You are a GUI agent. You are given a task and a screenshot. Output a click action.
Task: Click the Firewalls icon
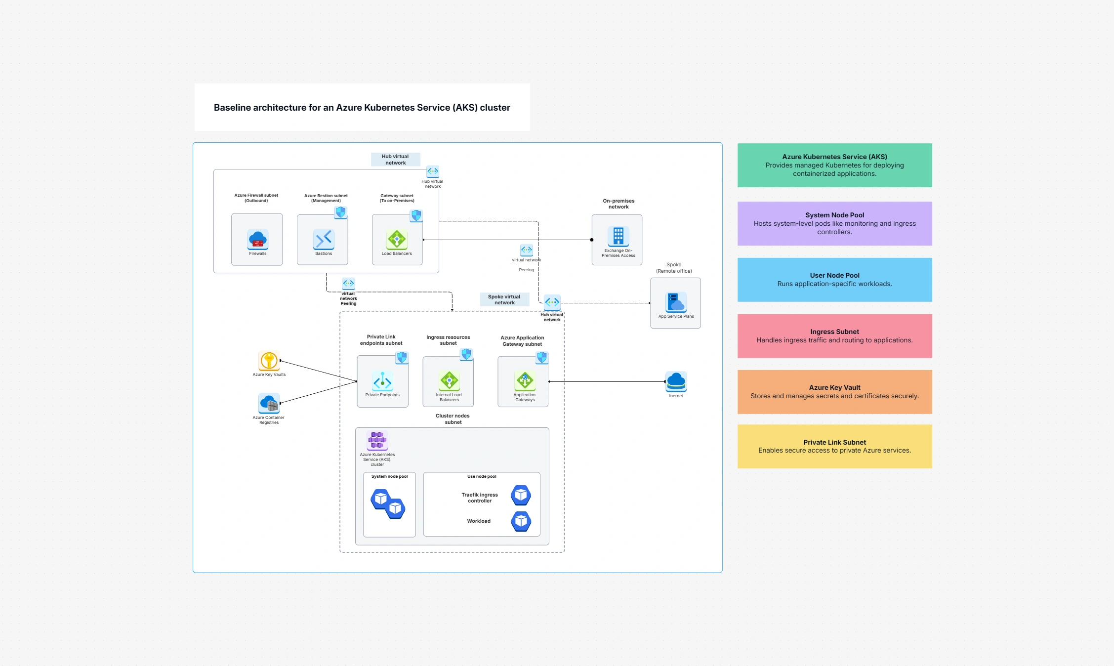pyautogui.click(x=257, y=239)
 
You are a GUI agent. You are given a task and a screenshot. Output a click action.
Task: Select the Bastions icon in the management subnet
pyautogui.click(x=324, y=239)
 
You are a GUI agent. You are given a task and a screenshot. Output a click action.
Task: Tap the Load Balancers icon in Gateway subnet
pyautogui.click(x=397, y=239)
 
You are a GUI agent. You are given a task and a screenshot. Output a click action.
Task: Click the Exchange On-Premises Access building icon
pyautogui.click(x=618, y=236)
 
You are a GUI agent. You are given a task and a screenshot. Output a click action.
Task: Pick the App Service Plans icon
pyautogui.click(x=675, y=302)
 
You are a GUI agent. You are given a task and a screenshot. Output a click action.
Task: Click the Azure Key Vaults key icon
pyautogui.click(x=269, y=361)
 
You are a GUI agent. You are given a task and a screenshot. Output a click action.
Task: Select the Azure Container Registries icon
pyautogui.click(x=269, y=403)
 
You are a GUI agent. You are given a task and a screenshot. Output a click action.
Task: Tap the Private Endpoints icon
pyautogui.click(x=382, y=381)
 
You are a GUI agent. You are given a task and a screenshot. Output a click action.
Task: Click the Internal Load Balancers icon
pyautogui.click(x=449, y=380)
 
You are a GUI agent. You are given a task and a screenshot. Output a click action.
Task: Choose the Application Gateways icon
pyautogui.click(x=525, y=380)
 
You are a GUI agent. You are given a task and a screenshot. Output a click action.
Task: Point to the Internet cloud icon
pyautogui.click(x=676, y=381)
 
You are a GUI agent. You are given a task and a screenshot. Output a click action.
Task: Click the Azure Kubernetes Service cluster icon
pyautogui.click(x=377, y=440)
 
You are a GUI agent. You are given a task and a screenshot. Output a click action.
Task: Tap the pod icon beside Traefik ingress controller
pyautogui.click(x=521, y=495)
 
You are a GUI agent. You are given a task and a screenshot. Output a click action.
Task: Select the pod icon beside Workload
pyautogui.click(x=521, y=521)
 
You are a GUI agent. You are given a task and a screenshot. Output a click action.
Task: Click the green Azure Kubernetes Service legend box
pyautogui.click(x=834, y=165)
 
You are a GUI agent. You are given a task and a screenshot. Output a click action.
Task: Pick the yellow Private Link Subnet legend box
pyautogui.click(x=834, y=446)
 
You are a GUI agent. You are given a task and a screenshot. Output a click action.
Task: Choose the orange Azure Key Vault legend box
pyautogui.click(x=834, y=391)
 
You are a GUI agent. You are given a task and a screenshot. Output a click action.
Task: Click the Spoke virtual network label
pyautogui.click(x=504, y=299)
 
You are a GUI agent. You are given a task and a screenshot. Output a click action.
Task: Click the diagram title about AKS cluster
pyautogui.click(x=362, y=107)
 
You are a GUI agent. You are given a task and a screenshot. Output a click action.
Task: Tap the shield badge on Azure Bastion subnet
pyautogui.click(x=340, y=212)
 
